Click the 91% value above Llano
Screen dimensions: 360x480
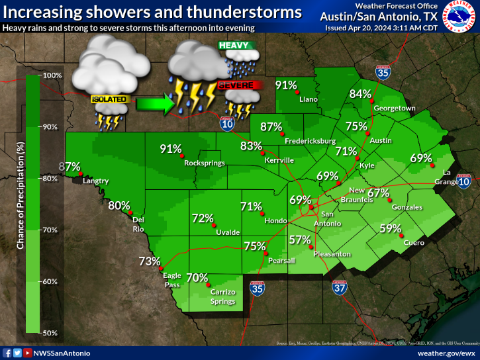[x=286, y=85]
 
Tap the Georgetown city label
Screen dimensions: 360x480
[x=394, y=108]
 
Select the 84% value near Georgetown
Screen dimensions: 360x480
[x=360, y=93]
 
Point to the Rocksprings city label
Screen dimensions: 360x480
[x=205, y=163]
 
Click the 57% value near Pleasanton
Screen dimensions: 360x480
[x=300, y=240]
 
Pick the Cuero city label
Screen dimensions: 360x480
[x=414, y=244]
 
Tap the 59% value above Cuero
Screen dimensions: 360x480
[x=390, y=229]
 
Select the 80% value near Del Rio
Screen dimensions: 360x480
[x=119, y=205]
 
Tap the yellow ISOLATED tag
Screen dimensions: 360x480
[x=109, y=100]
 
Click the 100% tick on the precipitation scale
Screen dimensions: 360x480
[x=52, y=75]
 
